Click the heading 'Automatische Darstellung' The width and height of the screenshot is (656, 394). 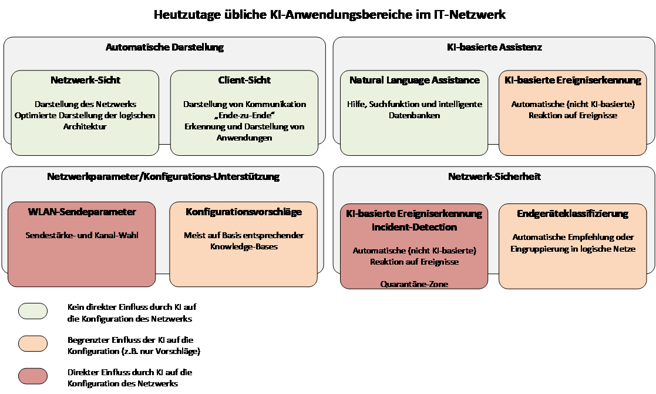164,47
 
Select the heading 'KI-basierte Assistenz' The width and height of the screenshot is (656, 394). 493,47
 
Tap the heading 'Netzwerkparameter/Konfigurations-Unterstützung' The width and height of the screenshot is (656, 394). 163,176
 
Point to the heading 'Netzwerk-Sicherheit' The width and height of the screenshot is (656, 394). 494,176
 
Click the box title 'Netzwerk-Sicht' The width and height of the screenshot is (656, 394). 85,80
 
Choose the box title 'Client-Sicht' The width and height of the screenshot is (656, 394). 244,80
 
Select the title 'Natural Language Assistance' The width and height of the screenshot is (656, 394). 415,80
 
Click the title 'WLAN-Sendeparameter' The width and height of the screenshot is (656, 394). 82,212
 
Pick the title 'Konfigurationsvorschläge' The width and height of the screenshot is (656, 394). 244,212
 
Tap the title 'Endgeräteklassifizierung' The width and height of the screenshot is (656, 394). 573,213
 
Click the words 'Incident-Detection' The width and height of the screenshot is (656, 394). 415,227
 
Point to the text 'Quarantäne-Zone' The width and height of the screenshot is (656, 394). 415,284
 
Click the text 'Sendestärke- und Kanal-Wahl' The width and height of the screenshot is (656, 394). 82,235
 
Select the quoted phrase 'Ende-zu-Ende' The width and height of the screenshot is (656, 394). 244,115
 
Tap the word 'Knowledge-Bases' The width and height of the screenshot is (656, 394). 244,246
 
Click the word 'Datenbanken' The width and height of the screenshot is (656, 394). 415,115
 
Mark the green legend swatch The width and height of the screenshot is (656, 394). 33,310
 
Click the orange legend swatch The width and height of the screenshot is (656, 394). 33,343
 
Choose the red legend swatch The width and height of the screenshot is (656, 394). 33,376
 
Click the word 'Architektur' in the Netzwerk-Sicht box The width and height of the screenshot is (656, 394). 85,126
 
